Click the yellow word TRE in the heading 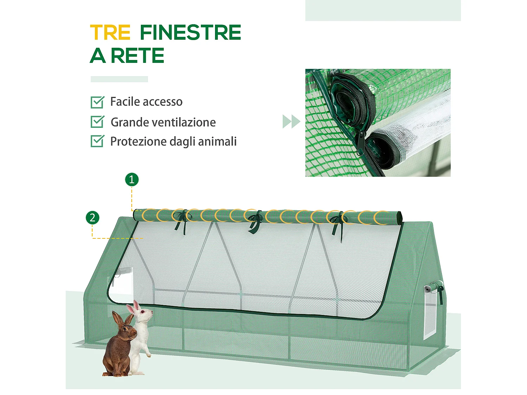coord(110,33)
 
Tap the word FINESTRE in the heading coord(190,33)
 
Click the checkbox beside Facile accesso coord(97,102)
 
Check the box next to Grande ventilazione coord(97,122)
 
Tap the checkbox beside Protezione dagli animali coord(97,141)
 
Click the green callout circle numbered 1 coord(132,180)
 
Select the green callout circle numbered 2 coord(92,218)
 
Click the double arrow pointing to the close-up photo coord(291,121)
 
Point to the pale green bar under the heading coord(119,79)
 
